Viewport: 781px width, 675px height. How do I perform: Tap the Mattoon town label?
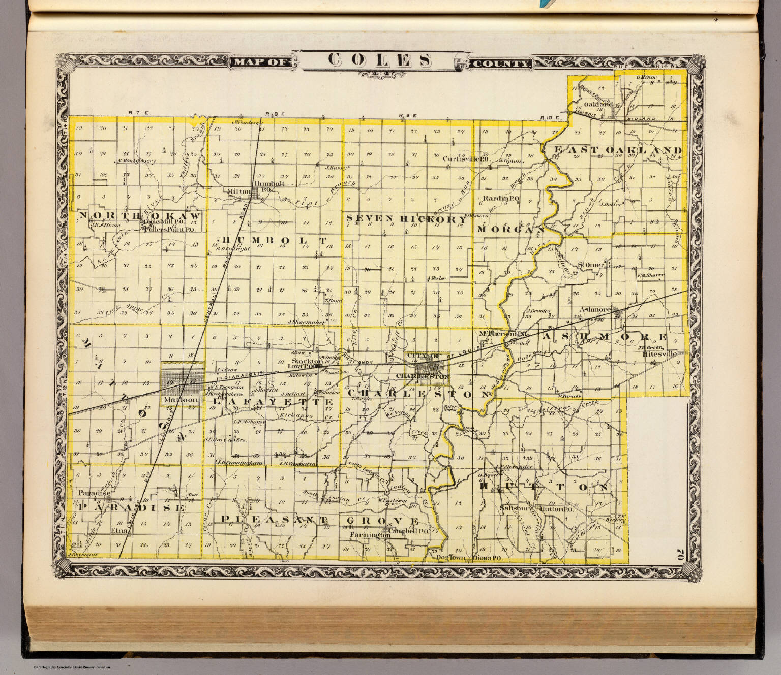[173, 401]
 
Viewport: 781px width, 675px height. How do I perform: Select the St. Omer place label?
[591, 265]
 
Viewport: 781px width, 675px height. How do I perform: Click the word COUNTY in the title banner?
[501, 63]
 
